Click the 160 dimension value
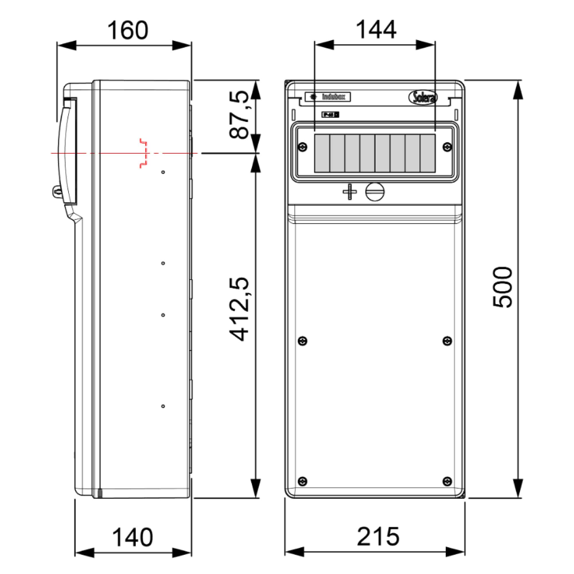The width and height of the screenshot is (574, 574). pyautogui.click(x=127, y=30)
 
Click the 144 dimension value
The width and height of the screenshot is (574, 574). pyautogui.click(x=376, y=30)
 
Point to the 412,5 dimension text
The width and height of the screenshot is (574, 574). pyautogui.click(x=239, y=309)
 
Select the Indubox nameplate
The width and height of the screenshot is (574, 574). pyautogui.click(x=328, y=97)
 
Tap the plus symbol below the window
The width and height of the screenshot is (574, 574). pyautogui.click(x=350, y=192)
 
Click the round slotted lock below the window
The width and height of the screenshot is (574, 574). pyautogui.click(x=375, y=192)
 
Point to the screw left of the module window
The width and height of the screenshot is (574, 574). pyautogui.click(x=302, y=147)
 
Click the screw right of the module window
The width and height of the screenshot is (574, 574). pyautogui.click(x=447, y=147)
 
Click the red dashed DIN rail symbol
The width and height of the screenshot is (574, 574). pyautogui.click(x=144, y=153)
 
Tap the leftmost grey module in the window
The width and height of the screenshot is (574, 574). pyautogui.click(x=322, y=153)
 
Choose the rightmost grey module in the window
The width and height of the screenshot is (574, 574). pyautogui.click(x=428, y=153)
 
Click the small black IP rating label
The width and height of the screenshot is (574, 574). pyautogui.click(x=330, y=115)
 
